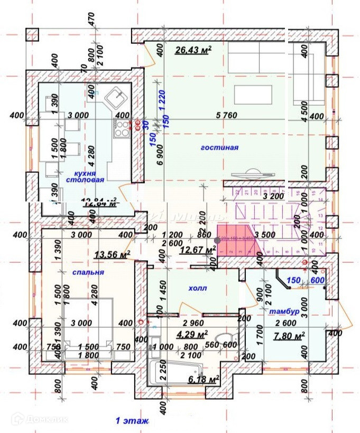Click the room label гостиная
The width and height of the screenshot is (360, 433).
pyautogui.click(x=219, y=148)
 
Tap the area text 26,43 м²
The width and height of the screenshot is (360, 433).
pyautogui.click(x=193, y=50)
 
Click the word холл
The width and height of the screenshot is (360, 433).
pyautogui.click(x=198, y=288)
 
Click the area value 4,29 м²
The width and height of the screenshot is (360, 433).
pyautogui.click(x=191, y=334)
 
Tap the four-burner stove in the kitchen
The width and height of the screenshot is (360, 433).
pyautogui.click(x=123, y=125)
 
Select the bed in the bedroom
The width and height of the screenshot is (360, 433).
pyautogui.click(x=88, y=325)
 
